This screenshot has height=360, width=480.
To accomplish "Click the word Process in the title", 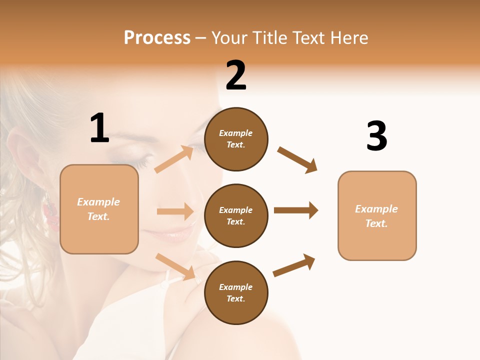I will tap(157, 37).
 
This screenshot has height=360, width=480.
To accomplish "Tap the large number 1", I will tap(99, 128).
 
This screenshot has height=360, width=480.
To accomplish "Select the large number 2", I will tap(236, 75).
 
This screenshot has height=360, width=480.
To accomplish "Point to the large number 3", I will tap(376, 136).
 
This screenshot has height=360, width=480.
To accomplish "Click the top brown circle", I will tap(236, 139).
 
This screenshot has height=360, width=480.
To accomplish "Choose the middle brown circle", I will tap(236, 216).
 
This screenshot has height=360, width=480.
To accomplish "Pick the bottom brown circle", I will tap(236, 293).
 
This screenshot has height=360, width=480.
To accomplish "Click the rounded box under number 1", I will tap(99, 209).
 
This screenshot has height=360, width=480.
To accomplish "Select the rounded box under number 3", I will tap(377, 216).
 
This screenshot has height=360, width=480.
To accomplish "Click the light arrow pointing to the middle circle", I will tap(175, 211).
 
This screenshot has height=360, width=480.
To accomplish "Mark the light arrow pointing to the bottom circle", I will tap(175, 266).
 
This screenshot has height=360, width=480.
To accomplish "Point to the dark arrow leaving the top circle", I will tap(297, 159).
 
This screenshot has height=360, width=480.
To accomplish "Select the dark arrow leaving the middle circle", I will tap(296, 210).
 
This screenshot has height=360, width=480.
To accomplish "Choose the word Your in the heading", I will tap(229, 37).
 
